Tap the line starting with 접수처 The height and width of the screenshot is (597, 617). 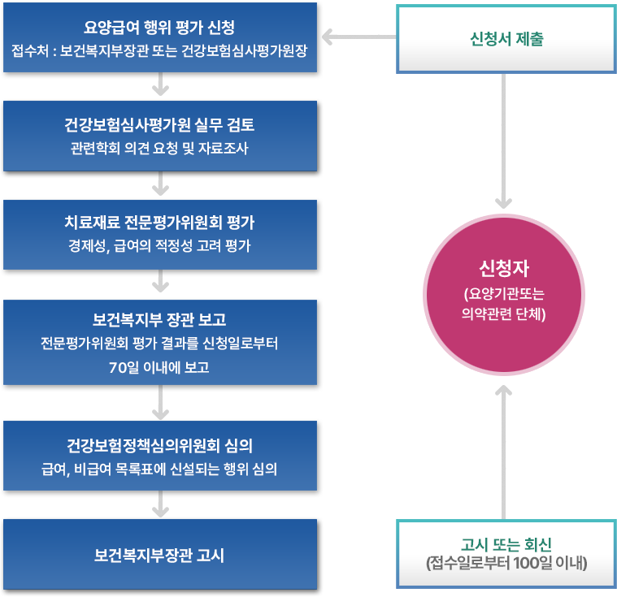[x=160, y=51]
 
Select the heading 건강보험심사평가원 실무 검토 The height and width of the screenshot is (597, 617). [x=160, y=126]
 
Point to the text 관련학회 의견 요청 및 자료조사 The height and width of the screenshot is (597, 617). [x=160, y=149]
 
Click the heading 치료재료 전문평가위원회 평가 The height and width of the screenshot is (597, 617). [x=160, y=223]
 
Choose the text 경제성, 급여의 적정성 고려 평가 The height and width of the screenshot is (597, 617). [x=160, y=246]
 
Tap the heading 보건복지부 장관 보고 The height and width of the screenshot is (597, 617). [x=160, y=318]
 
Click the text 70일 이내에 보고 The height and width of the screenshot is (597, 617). [x=160, y=366]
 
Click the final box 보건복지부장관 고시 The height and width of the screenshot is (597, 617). [x=160, y=556]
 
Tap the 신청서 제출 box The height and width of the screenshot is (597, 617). [x=505, y=38]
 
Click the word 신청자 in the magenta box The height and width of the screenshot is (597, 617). [x=505, y=270]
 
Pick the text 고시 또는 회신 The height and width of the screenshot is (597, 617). [x=505, y=545]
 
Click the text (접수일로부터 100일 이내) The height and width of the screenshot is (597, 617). [x=505, y=562]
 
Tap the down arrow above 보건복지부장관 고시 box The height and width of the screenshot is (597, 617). [x=161, y=506]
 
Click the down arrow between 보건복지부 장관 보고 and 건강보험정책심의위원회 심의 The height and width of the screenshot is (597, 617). [x=161, y=400]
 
